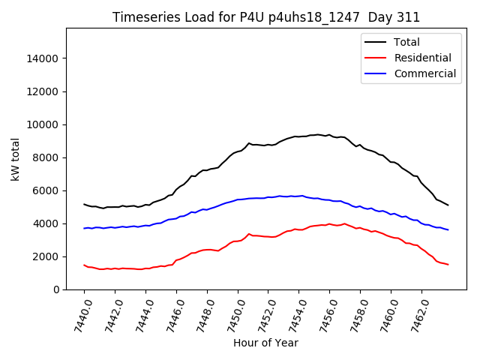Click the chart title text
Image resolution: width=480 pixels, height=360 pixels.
tap(266, 17)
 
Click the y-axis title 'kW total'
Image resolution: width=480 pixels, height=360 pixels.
tap(16, 158)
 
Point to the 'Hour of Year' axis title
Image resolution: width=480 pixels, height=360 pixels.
tap(265, 343)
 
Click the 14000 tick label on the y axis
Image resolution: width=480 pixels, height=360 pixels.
tap(42, 58)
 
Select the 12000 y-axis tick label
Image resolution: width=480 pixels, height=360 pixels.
tap(42, 91)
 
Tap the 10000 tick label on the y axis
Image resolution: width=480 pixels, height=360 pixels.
tap(42, 124)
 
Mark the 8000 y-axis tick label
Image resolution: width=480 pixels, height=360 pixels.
tap(45, 157)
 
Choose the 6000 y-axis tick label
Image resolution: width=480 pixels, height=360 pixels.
tap(45, 190)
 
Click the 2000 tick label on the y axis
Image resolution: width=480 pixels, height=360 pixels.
tap(45, 256)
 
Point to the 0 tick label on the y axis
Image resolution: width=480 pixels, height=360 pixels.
tap(56, 289)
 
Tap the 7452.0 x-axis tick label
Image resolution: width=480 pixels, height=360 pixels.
tap(262, 313)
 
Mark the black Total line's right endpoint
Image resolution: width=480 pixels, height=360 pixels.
tap(448, 205)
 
